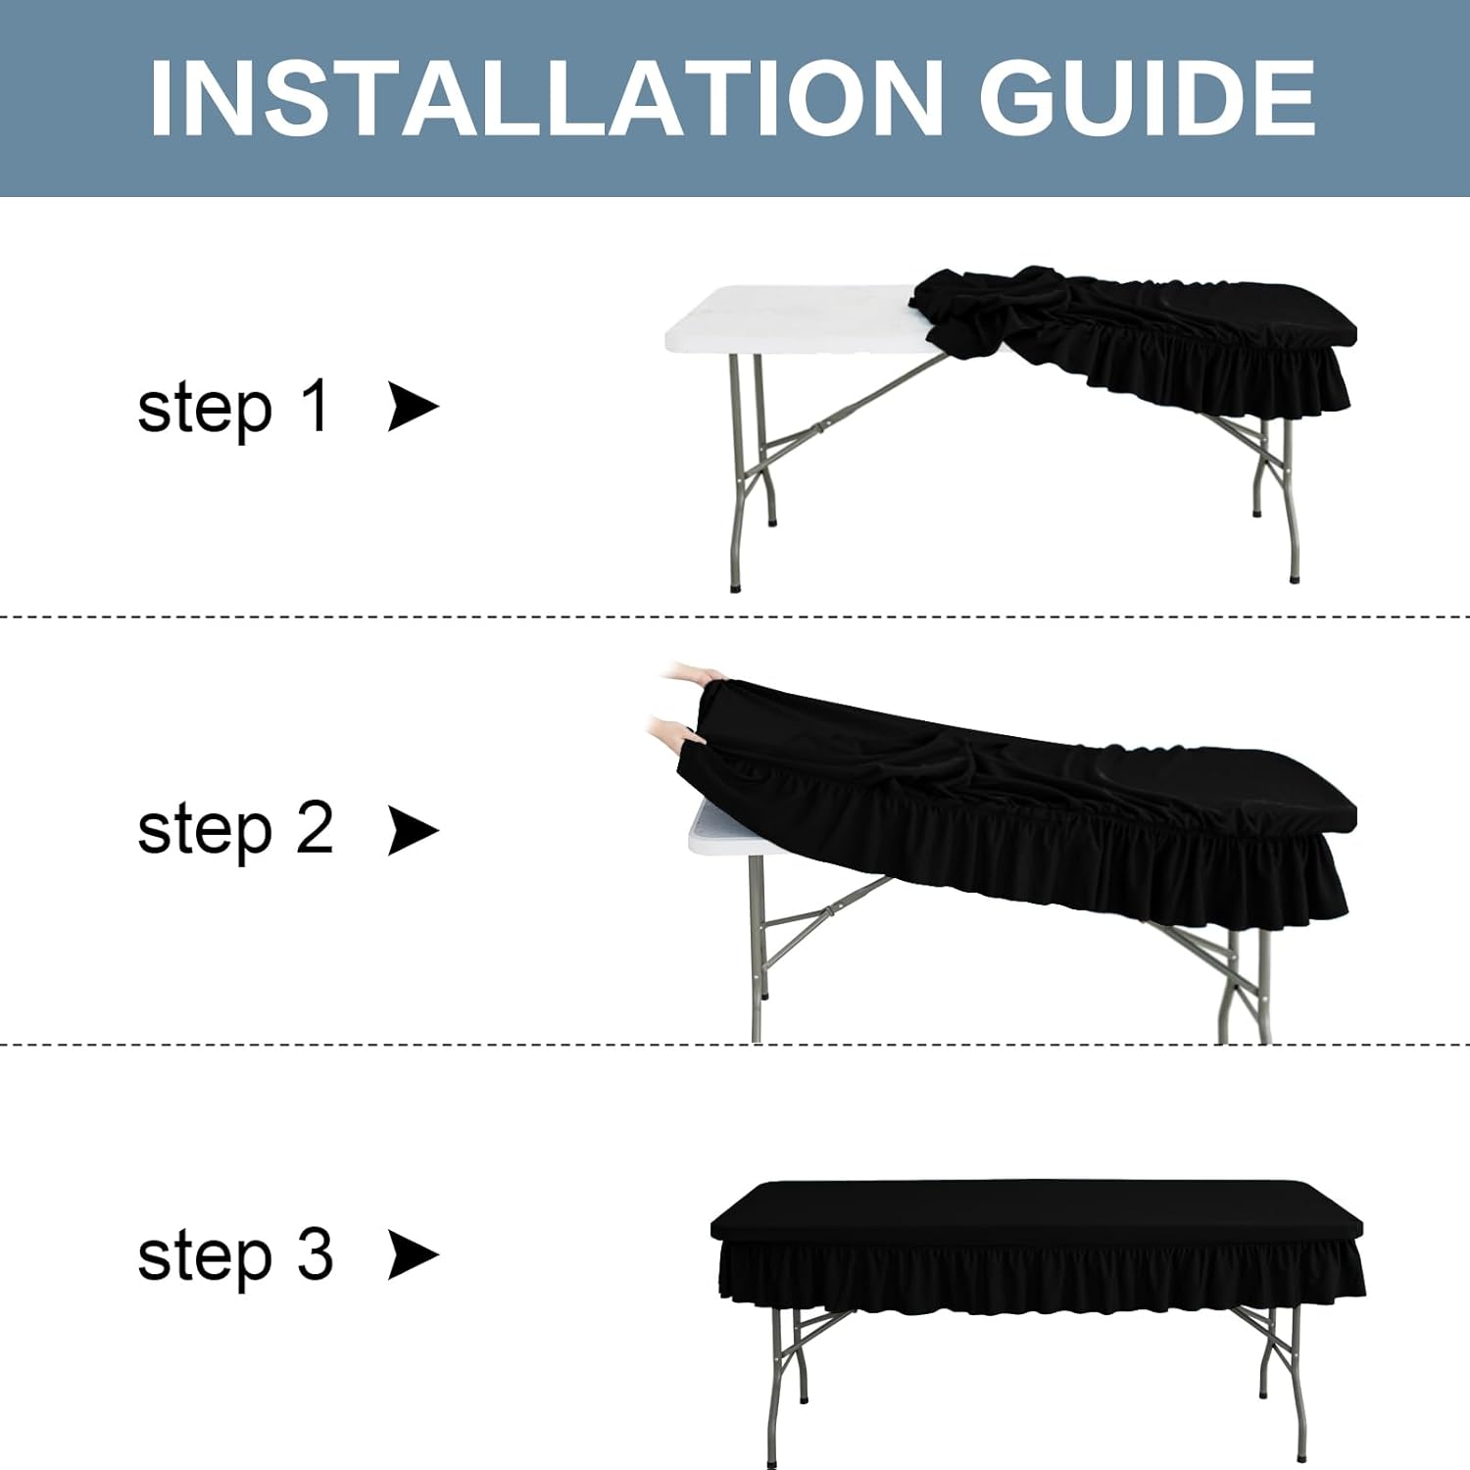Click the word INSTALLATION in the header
(546, 98)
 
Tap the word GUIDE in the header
(1147, 98)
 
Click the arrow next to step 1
(413, 407)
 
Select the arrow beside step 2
(413, 831)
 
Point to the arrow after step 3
(413, 1255)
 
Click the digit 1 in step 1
(315, 406)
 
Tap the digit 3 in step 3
(315, 1253)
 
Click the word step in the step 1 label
(205, 411)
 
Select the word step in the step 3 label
(205, 1259)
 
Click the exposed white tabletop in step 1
(794, 319)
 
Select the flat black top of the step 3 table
(1037, 1211)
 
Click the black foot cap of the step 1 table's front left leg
(736, 586)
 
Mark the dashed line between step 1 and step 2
(735, 617)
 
